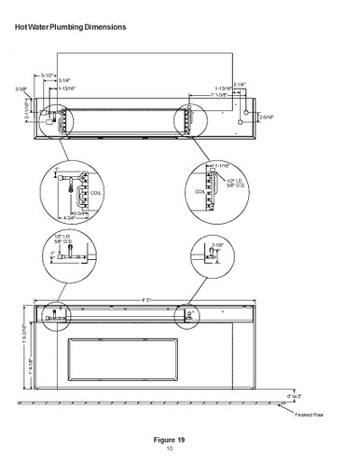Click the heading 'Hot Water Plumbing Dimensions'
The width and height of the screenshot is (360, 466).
(71, 27)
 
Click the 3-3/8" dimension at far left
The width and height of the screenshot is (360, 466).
(21, 89)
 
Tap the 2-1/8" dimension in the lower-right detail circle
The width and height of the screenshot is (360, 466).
(217, 245)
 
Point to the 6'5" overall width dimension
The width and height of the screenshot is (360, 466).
(148, 300)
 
